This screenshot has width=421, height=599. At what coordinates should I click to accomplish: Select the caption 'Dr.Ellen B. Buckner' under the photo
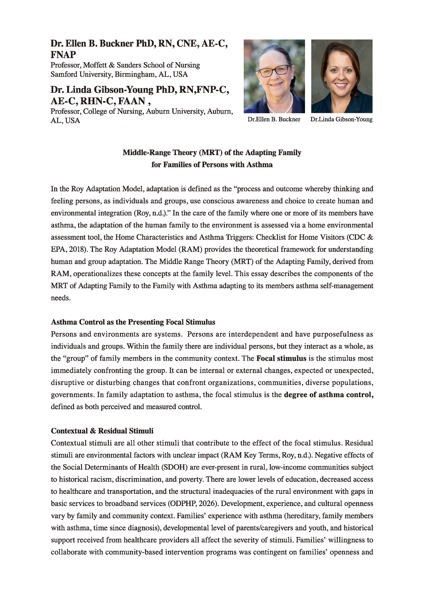coord(274,119)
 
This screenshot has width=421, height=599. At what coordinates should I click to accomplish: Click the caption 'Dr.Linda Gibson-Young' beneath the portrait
coord(341,119)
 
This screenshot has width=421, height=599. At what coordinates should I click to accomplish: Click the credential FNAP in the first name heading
coord(63,55)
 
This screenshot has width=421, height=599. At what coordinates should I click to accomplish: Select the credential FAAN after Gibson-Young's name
coord(130,101)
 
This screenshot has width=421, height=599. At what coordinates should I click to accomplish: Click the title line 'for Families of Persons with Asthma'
coord(212,165)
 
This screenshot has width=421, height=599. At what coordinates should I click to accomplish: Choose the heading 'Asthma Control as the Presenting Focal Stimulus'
coord(133,322)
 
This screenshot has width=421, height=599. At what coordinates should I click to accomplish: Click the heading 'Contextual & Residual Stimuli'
coord(102,431)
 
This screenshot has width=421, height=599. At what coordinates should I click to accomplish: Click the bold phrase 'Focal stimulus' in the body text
coord(281,358)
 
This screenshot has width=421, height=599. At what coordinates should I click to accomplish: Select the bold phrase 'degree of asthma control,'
coord(329,395)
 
